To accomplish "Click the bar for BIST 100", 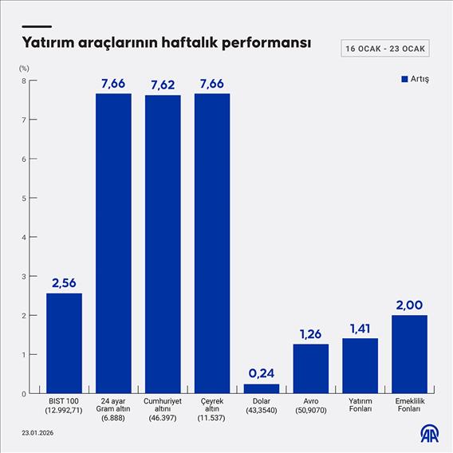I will [x=64, y=343].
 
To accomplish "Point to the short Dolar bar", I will [x=262, y=388].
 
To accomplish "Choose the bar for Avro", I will [x=311, y=368].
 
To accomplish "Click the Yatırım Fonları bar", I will [x=360, y=365].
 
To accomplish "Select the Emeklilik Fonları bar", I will [x=410, y=354].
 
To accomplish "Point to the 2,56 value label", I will [x=64, y=283].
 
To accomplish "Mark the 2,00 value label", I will [x=410, y=305].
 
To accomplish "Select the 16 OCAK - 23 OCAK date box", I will [x=385, y=49].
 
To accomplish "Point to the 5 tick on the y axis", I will [x=25, y=198].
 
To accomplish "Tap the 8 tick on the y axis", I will [x=25, y=81].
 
